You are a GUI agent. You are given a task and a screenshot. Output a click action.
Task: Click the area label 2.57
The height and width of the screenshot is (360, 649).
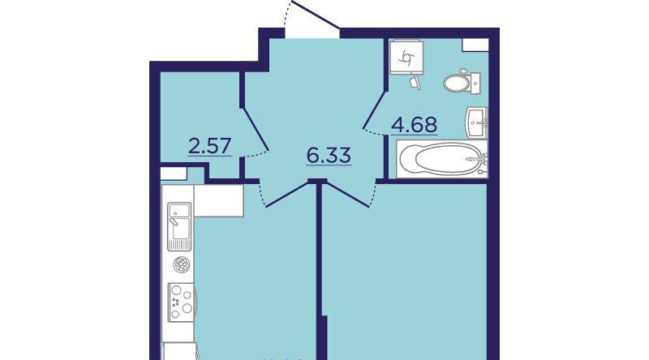pyautogui.click(x=209, y=146)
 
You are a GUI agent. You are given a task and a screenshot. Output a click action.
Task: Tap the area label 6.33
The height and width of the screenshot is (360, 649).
pyautogui.click(x=329, y=156)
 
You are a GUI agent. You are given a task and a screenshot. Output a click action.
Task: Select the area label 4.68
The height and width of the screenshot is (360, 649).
pyautogui.click(x=415, y=125)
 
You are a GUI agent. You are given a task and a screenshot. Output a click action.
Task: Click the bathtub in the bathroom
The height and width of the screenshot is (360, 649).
pyautogui.click(x=442, y=159)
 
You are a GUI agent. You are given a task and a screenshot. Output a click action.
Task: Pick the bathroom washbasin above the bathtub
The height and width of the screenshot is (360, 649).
pyautogui.click(x=477, y=122)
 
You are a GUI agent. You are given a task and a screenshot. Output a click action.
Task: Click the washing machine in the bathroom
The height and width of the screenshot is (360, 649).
pyautogui.click(x=406, y=57)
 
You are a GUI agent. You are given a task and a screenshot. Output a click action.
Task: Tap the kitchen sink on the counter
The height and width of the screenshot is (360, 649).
pyautogui.click(x=179, y=226)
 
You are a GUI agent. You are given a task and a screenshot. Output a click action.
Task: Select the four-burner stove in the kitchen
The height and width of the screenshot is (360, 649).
pyautogui.click(x=181, y=302)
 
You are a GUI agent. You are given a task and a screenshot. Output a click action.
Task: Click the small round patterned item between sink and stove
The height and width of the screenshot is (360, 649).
pyautogui.click(x=182, y=264)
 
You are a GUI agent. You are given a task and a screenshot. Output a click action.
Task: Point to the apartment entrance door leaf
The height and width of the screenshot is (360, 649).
pyautogui.click(x=316, y=15)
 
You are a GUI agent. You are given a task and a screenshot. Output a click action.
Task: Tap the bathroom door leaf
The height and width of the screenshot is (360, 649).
pyautogui.click(x=374, y=109)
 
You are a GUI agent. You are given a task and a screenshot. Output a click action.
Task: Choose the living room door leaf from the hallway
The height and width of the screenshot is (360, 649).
pyautogui.click(x=346, y=194)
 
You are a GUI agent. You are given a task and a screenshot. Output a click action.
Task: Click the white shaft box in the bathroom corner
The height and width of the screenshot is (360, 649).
pyautogui.click(x=475, y=45)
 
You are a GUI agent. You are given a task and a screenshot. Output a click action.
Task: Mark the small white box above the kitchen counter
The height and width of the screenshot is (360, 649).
pyautogui.click(x=174, y=174)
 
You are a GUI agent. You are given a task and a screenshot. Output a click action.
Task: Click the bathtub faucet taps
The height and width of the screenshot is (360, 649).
pyautogui.click(x=483, y=159)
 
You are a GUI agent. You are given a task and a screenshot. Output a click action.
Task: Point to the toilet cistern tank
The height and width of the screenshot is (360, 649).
pyautogui.click(x=475, y=84)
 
